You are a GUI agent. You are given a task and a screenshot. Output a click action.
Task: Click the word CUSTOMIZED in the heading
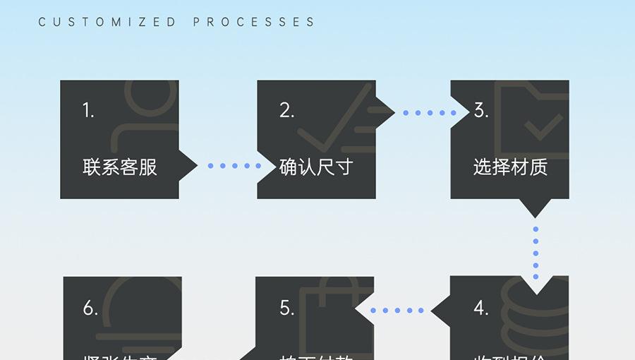tap(107, 23)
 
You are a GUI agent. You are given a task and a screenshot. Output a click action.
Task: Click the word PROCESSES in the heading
tap(254, 23)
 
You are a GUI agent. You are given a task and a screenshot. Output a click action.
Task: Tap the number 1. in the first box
tap(89, 111)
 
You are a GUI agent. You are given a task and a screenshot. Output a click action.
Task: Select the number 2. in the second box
tap(286, 111)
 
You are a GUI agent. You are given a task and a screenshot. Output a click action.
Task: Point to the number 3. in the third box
tap(481, 111)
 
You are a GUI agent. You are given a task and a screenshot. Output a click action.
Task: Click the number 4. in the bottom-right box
tap(481, 308)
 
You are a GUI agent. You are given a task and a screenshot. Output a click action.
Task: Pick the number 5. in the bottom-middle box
tap(286, 308)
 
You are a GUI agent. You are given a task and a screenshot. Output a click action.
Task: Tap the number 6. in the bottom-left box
tap(90, 308)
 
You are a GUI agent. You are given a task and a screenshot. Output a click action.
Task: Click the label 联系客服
tap(120, 167)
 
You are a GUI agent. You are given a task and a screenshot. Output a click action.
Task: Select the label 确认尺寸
tap(316, 167)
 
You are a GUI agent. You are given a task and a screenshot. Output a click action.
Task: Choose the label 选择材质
tap(510, 167)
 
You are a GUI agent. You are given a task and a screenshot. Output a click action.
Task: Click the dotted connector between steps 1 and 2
tap(234, 166)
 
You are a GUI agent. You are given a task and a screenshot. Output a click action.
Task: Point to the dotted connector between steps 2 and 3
tap(430, 112)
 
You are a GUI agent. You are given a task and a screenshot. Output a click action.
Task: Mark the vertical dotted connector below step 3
tap(536, 253)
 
